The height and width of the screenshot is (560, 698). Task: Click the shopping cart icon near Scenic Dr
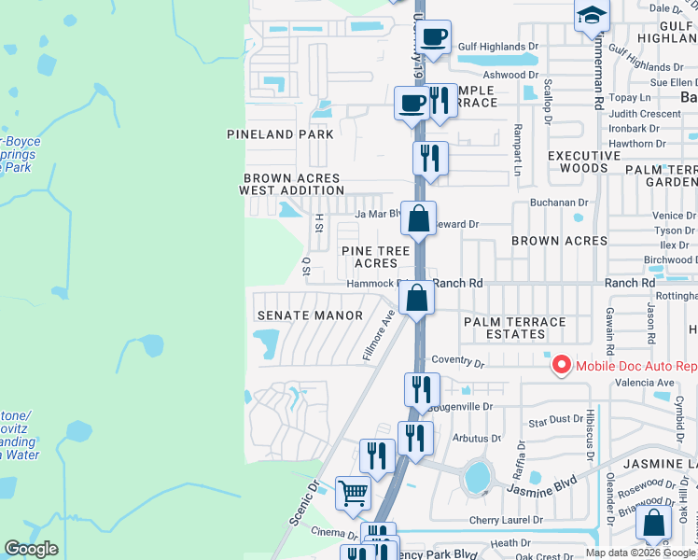(x=353, y=492)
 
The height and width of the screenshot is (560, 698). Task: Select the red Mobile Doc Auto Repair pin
(x=562, y=364)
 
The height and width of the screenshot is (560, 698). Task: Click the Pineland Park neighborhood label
(x=280, y=134)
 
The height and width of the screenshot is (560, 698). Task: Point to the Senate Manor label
(x=310, y=315)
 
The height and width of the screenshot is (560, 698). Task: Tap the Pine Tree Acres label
(x=375, y=258)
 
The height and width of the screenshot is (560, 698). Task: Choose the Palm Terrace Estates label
(x=515, y=328)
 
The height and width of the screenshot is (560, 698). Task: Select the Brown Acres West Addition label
(x=292, y=184)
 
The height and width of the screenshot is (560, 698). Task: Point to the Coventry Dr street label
(x=458, y=362)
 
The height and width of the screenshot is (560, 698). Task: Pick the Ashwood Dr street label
(x=510, y=75)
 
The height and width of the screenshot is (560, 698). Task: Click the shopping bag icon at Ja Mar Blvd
(x=420, y=220)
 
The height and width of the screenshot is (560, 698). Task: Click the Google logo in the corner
(x=31, y=549)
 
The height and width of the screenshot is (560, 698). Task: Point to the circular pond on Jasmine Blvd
(x=477, y=476)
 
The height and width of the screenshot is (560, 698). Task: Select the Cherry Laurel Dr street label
(x=507, y=520)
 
